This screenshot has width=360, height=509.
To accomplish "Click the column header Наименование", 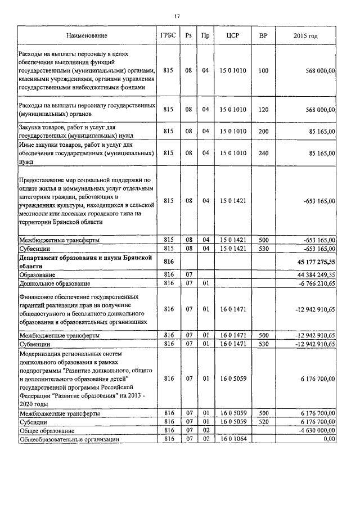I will point(87,35).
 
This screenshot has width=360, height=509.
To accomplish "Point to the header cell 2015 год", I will point(305,35).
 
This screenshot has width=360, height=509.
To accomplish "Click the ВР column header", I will point(263,35).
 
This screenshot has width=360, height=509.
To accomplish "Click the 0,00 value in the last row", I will point(328,439).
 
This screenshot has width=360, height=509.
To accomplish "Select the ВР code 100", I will point(263,71).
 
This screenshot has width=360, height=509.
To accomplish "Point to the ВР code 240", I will point(263,153).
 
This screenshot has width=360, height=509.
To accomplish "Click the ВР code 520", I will point(263,422).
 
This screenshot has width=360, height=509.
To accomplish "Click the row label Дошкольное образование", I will point(55,283).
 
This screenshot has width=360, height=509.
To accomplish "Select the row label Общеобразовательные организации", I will point(69,439).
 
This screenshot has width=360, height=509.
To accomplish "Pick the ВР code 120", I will point(263,110).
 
